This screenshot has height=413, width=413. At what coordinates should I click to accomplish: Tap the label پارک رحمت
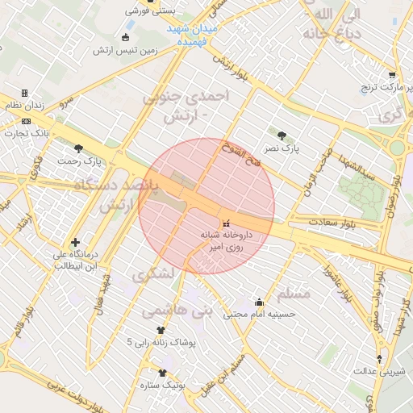(x=79, y=161)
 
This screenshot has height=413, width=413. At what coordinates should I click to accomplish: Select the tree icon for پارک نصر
(x=282, y=136)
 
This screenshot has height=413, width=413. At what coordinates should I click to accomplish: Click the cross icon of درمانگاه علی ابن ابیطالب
(x=75, y=242)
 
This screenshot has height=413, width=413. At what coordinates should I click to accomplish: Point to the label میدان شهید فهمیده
(x=193, y=34)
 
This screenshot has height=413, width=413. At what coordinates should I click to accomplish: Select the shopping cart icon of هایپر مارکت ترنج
(x=392, y=74)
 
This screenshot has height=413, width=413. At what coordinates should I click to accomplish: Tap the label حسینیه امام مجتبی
(x=259, y=314)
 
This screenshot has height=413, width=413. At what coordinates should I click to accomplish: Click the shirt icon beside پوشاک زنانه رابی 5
(x=161, y=330)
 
